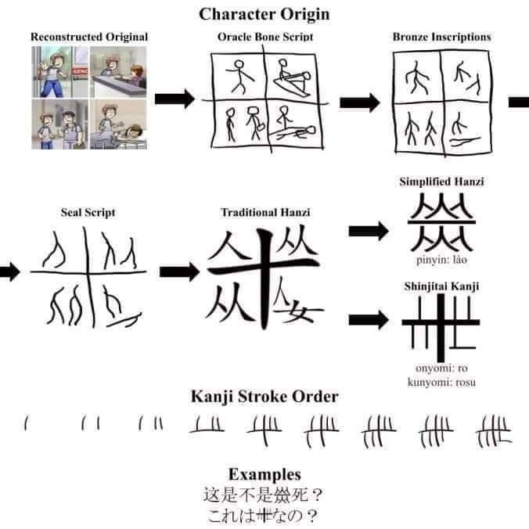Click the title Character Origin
click(x=264, y=15)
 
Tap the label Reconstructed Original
click(x=89, y=37)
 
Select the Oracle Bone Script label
click(x=265, y=37)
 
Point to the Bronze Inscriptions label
click(x=441, y=37)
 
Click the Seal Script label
click(x=88, y=212)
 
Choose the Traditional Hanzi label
click(x=265, y=212)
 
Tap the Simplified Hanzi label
click(x=441, y=182)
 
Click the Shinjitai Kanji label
click(x=441, y=286)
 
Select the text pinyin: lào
click(x=441, y=260)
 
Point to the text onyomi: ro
click(x=441, y=368)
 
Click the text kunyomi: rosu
click(x=441, y=382)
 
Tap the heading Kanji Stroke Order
click(x=264, y=397)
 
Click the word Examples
click(x=264, y=474)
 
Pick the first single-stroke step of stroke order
click(x=26, y=423)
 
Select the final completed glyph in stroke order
click(x=494, y=431)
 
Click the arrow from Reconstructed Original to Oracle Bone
click(x=175, y=99)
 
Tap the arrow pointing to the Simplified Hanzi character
click(x=369, y=231)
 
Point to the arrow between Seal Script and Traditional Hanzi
click(x=179, y=272)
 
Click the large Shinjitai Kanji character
click(x=441, y=328)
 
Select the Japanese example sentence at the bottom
click(x=263, y=516)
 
